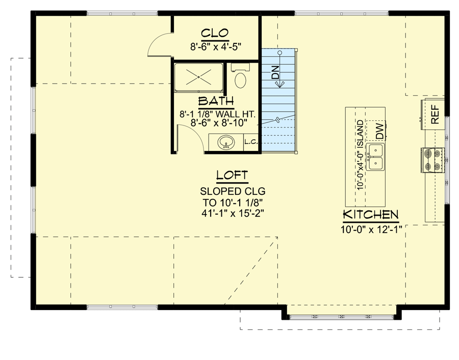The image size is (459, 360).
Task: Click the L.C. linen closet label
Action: tap(250, 142)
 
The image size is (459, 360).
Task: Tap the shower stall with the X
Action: tap(198, 78)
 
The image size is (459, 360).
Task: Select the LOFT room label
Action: tap(233, 175)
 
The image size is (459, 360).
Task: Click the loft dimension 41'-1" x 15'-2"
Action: tap(233, 214)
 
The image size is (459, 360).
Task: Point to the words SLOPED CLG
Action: tap(233, 192)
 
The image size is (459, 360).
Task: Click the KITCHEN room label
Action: tap(370, 214)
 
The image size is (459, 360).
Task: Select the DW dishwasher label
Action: tap(379, 132)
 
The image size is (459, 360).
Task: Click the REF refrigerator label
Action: tap(435, 115)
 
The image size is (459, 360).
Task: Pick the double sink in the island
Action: tap(376, 157)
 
